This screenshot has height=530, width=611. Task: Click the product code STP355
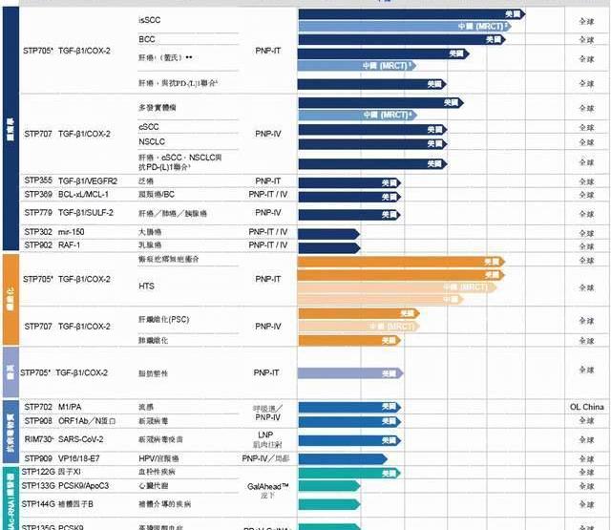pyautogui.click(x=38, y=180)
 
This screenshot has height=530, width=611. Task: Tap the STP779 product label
pyautogui.click(x=38, y=212)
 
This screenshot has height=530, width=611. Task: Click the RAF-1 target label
pyautogui.click(x=70, y=245)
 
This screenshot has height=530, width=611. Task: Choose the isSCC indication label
pyautogui.click(x=150, y=19)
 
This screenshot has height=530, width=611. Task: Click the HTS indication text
pyautogui.click(x=147, y=286)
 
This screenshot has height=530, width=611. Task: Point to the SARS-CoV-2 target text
pyautogui.click(x=82, y=439)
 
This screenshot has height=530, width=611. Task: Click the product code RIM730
pyautogui.click(x=38, y=439)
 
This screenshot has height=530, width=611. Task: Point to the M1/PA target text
pyautogui.click(x=70, y=407)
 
